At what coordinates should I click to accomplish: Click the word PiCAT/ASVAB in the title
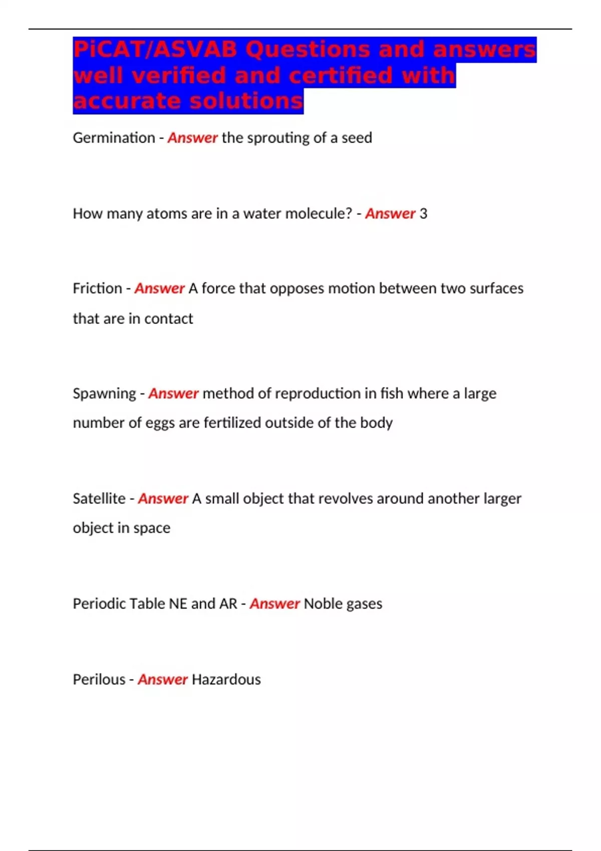tap(155, 50)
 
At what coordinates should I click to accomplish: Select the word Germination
tap(114, 138)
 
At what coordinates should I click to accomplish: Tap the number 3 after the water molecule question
tap(423, 214)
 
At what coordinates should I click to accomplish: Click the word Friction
tap(97, 289)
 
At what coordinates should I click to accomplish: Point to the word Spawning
tap(104, 394)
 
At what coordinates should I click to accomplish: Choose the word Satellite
tap(99, 499)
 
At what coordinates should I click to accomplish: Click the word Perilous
tap(99, 679)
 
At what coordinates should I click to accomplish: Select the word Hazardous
tap(226, 679)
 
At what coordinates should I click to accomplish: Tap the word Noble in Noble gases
tap(322, 604)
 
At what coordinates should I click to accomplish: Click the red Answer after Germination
tap(192, 138)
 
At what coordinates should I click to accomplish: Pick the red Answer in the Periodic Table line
tap(274, 604)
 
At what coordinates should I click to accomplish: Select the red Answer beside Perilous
tap(162, 679)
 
